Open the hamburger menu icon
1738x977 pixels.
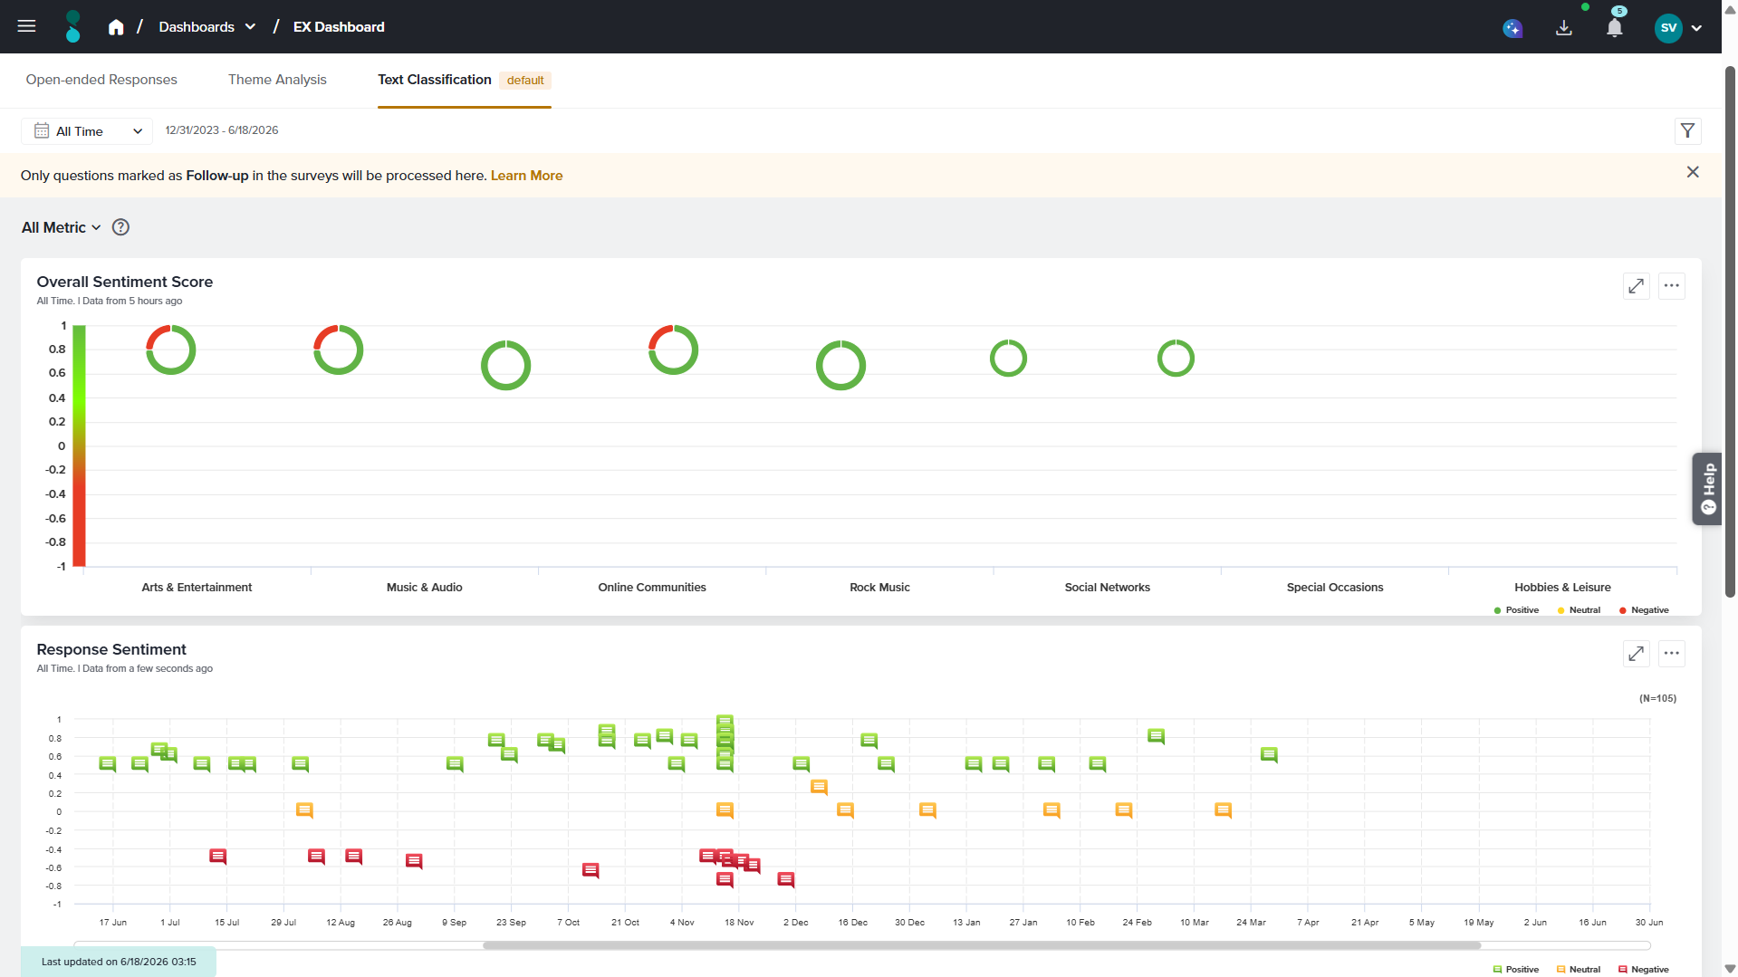click(x=26, y=26)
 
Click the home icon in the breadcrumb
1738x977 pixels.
click(x=116, y=27)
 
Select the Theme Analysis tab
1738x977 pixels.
click(x=277, y=80)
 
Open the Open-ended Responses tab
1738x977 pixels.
click(x=101, y=80)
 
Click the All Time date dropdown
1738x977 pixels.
click(x=88, y=131)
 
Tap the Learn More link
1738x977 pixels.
click(x=526, y=176)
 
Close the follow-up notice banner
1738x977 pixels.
click(x=1693, y=172)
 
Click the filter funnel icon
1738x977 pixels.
click(x=1687, y=131)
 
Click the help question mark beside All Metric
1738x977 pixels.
click(x=120, y=227)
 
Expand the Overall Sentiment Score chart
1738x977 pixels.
click(x=1636, y=286)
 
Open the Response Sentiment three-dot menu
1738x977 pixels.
click(x=1671, y=654)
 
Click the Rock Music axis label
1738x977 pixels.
click(x=879, y=588)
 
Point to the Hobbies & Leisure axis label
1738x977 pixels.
click(x=1562, y=588)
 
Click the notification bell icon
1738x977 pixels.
click(x=1614, y=28)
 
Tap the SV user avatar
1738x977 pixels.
click(x=1668, y=28)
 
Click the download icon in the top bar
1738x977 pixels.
click(x=1563, y=28)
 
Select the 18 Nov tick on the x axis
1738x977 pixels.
click(x=739, y=923)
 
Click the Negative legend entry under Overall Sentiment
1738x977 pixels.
click(x=1644, y=610)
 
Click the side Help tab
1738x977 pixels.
click(x=1707, y=489)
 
